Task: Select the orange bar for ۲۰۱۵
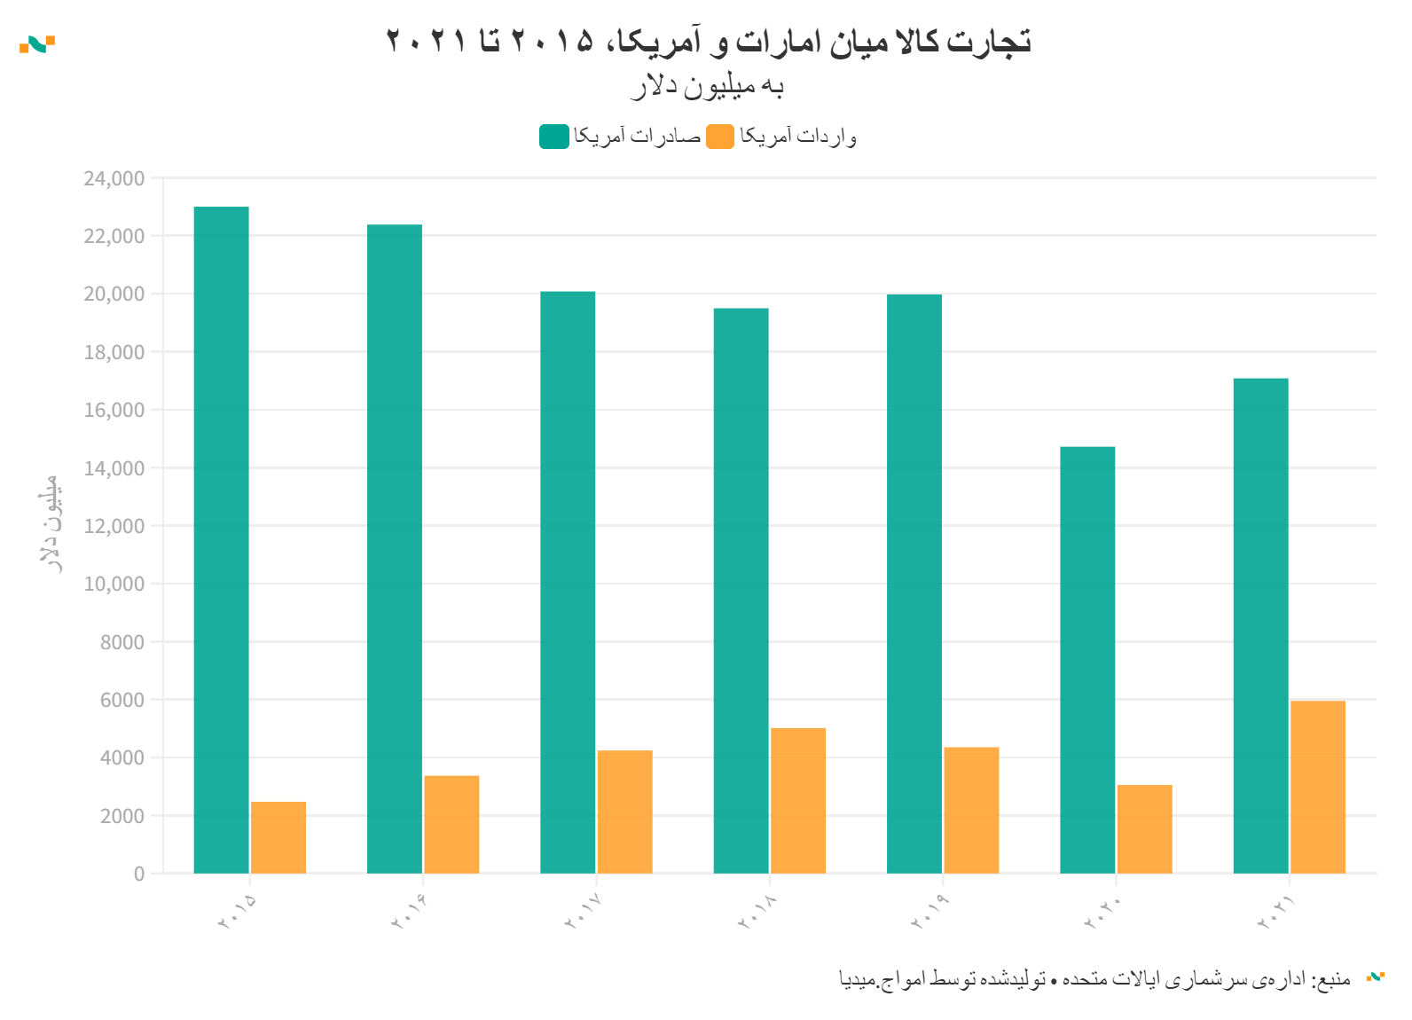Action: [278, 837]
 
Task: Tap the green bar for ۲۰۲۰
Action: [1087, 660]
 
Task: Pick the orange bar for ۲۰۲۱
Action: [1318, 787]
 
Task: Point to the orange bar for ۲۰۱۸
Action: [798, 800]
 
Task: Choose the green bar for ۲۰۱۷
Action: [568, 582]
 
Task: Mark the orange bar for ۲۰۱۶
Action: [451, 824]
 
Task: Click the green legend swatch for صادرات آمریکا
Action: [554, 137]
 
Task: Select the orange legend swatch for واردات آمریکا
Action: [720, 137]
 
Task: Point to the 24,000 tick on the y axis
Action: [114, 178]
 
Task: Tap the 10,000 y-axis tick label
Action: [114, 584]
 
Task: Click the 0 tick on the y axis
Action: [138, 874]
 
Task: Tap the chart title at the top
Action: [708, 42]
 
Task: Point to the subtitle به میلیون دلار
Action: [708, 86]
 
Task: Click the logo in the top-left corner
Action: [37, 44]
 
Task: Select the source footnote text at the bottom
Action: [1094, 978]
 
